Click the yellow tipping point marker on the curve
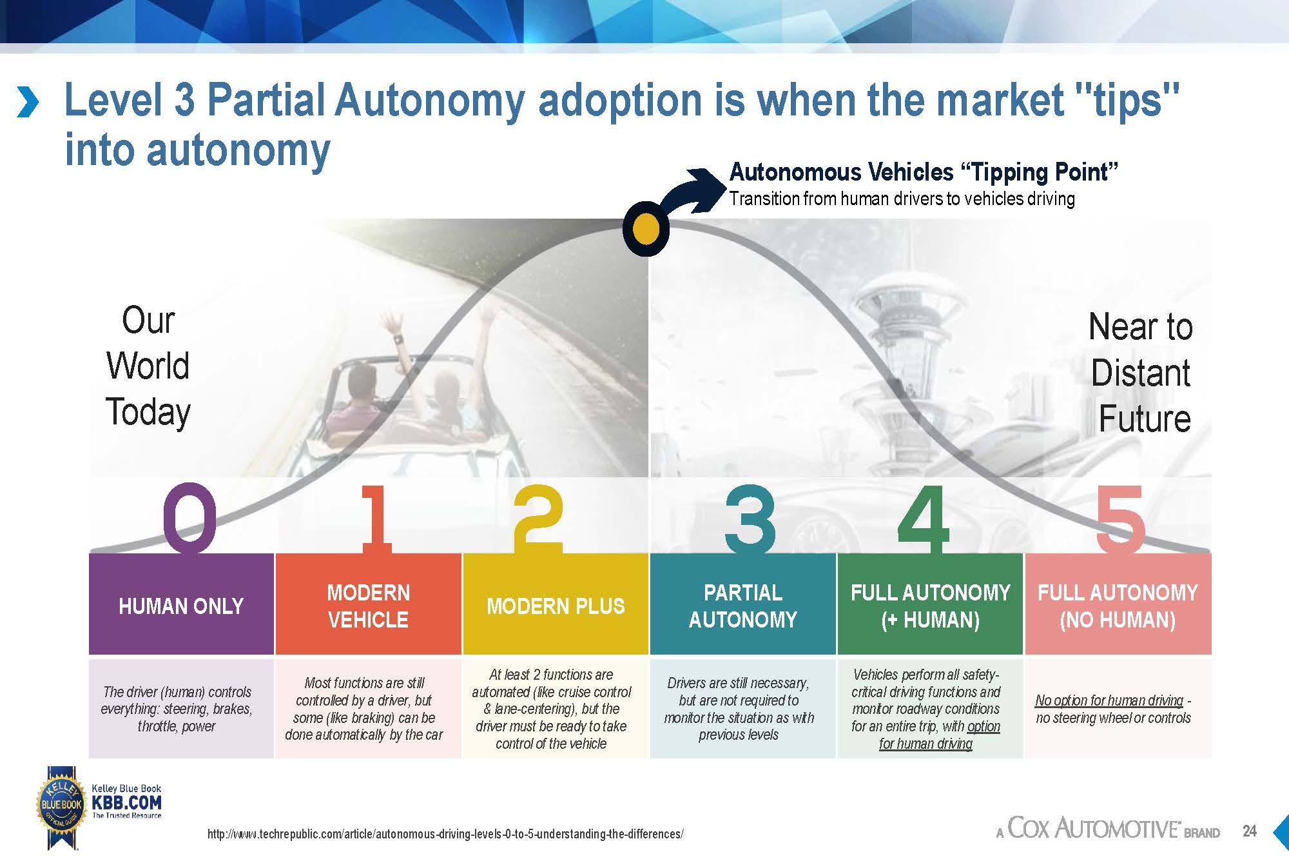pos(646,228)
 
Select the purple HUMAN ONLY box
pos(181,605)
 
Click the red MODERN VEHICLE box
pos(368,605)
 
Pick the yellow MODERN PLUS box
pos(556,605)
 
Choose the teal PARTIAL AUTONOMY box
pos(742,605)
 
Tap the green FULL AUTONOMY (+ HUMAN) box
pos(930,605)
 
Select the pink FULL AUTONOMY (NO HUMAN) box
pos(1118,605)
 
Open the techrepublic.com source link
pos(445,834)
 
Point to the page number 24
pos(1250,831)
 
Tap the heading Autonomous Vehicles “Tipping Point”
pos(923,172)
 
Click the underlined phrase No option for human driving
pos(1109,700)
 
